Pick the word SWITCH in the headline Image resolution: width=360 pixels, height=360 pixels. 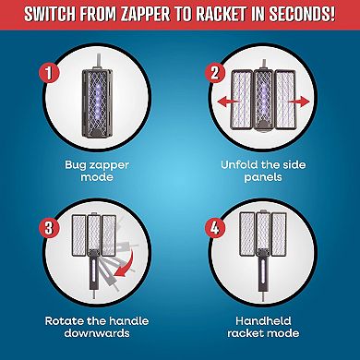coord(53,17)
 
